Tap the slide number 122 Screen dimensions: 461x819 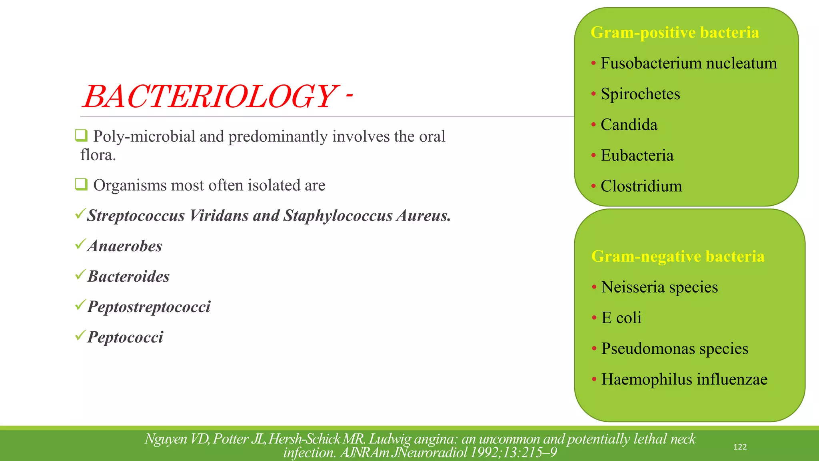click(x=740, y=447)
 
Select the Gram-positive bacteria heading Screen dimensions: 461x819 click(x=675, y=32)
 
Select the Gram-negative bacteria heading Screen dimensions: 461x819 click(x=677, y=256)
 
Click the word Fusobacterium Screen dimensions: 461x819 click(x=651, y=63)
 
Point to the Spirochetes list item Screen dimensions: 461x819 click(x=640, y=94)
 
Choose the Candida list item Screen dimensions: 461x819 click(x=629, y=125)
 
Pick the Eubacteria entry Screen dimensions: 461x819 click(x=637, y=156)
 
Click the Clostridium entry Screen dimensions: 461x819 click(x=641, y=186)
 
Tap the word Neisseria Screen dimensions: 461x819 click(x=633, y=287)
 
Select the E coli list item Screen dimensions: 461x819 click(x=621, y=318)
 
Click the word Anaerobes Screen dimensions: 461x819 click(x=125, y=246)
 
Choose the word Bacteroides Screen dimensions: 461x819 click(x=128, y=277)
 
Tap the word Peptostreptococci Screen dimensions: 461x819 click(x=149, y=307)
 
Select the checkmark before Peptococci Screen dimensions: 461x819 click(x=80, y=335)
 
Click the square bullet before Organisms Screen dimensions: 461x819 click(x=81, y=184)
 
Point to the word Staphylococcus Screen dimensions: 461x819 click(x=338, y=216)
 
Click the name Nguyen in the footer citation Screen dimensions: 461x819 click(x=166, y=439)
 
